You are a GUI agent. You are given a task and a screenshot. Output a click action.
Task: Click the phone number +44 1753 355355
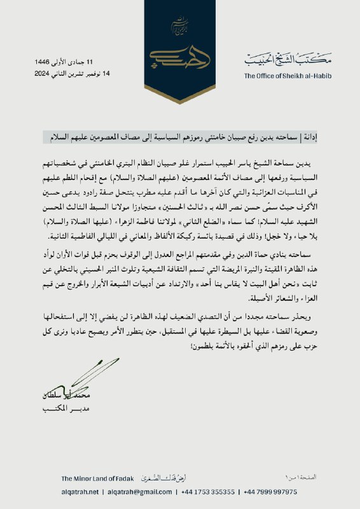(x=208, y=492)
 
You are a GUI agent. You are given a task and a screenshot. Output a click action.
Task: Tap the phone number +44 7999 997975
(x=270, y=492)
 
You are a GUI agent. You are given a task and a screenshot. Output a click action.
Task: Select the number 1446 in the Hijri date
(x=44, y=62)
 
